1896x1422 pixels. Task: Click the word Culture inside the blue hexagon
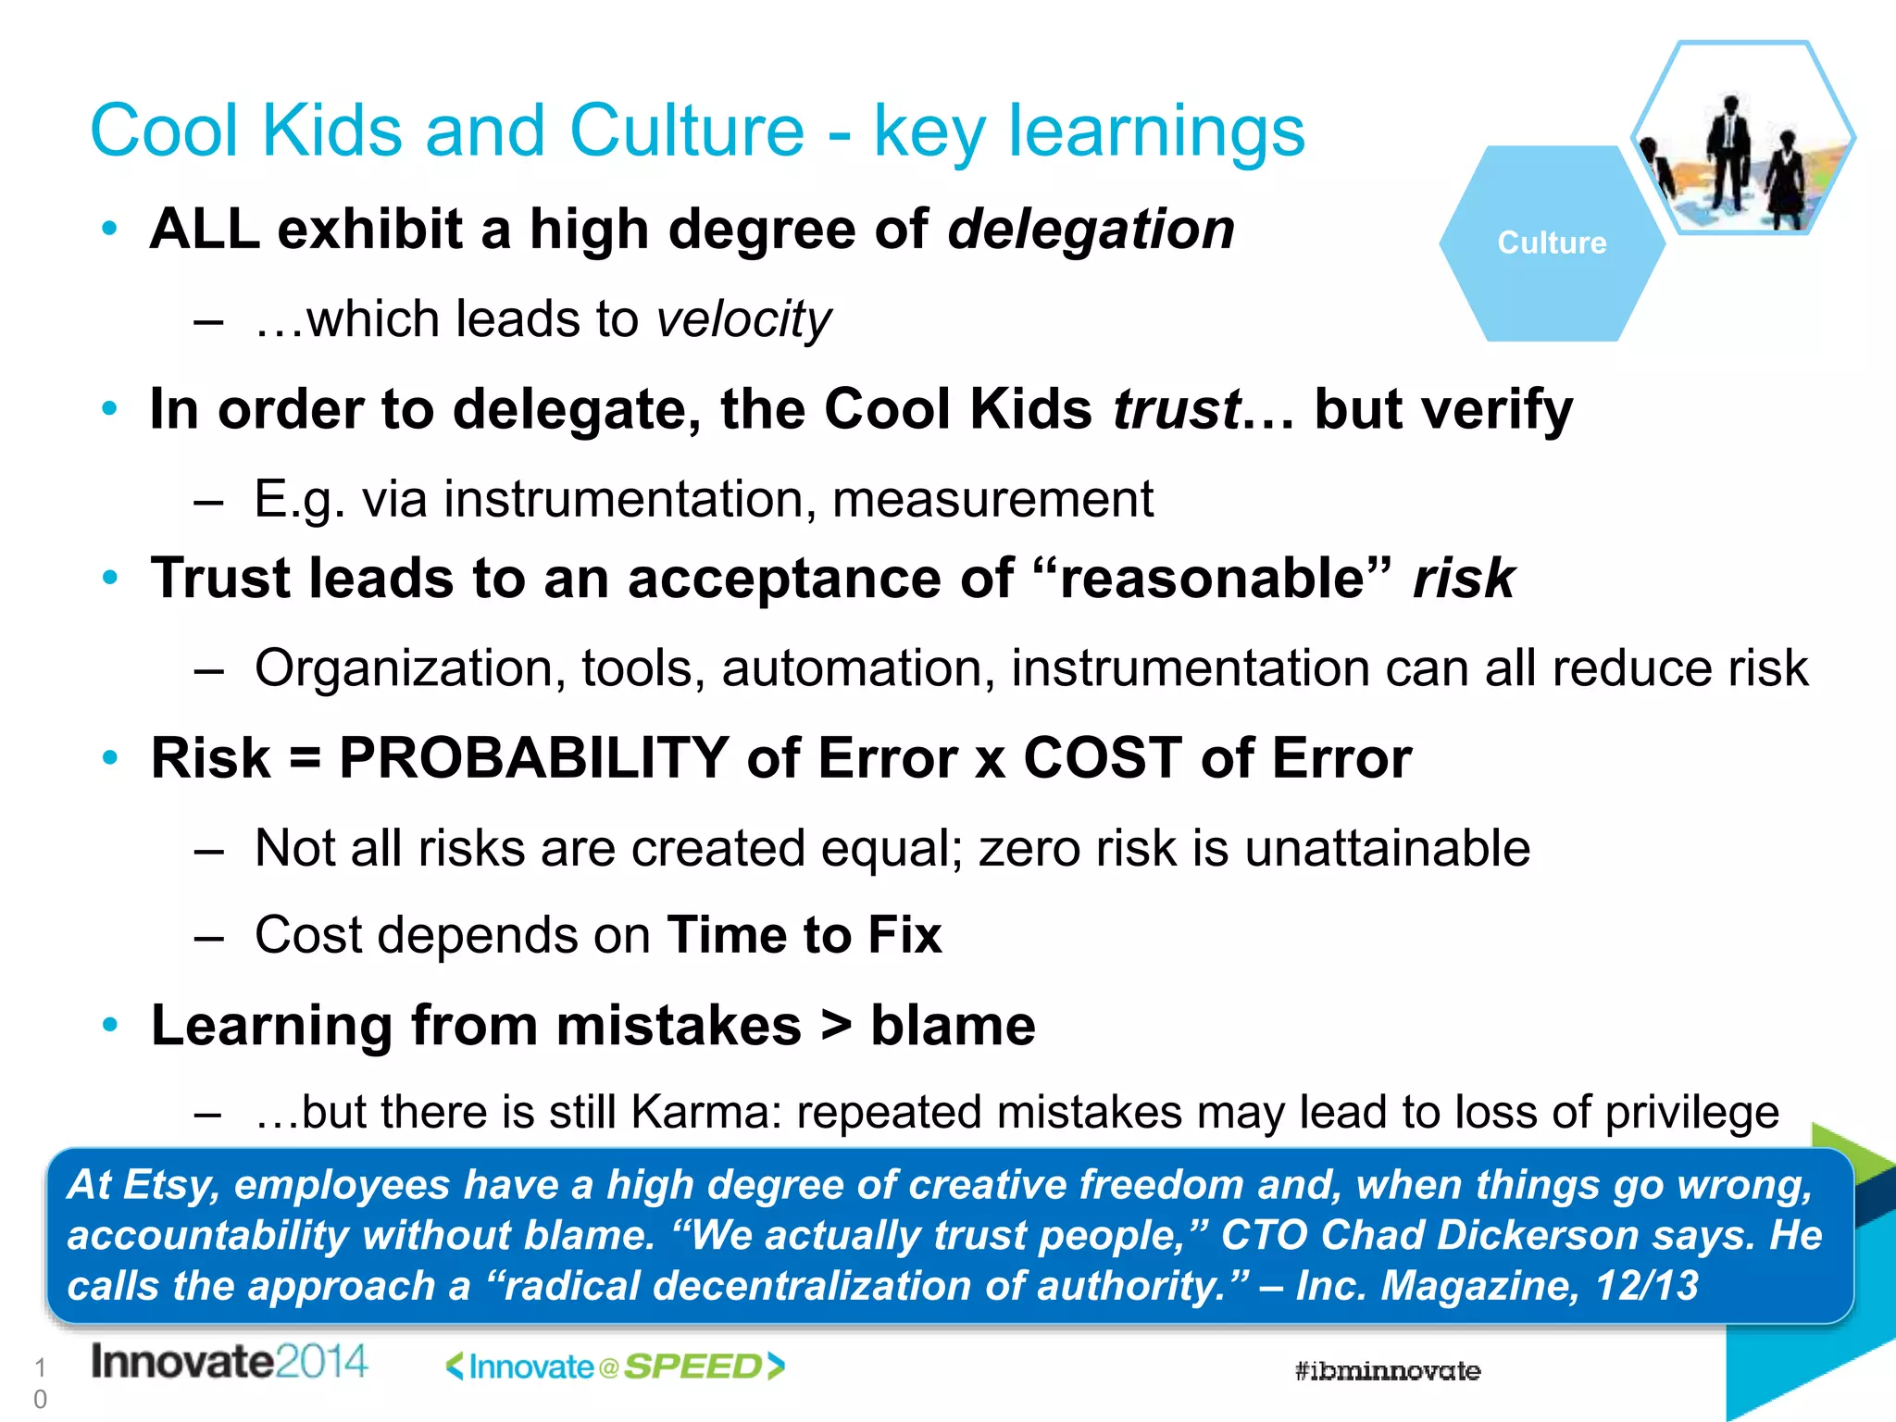[1552, 243]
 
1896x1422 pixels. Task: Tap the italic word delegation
[1091, 229]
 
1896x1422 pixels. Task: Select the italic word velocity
[743, 319]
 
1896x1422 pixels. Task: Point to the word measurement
[992, 499]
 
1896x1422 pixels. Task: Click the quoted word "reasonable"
[1212, 579]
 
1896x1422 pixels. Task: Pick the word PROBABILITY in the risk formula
[534, 758]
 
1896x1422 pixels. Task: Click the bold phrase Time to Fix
[804, 934]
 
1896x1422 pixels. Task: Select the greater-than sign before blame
[836, 1026]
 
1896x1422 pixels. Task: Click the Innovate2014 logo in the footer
[229, 1362]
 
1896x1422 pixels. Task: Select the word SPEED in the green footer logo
[692, 1367]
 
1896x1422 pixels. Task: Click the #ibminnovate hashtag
[1387, 1371]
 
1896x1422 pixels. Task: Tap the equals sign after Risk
[305, 758]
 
